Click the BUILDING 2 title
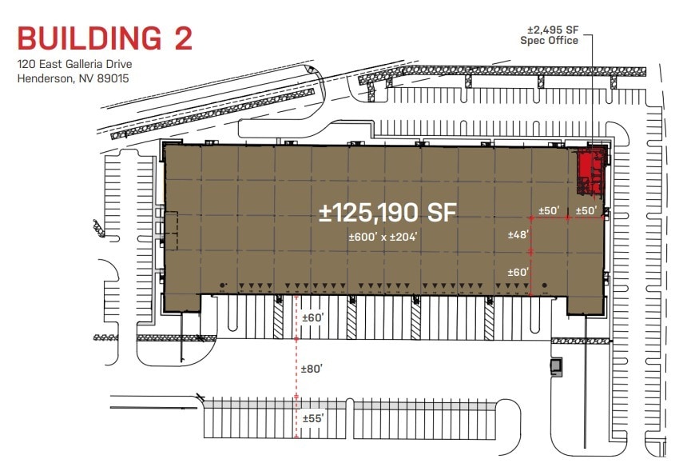[105, 38]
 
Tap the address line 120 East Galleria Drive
[73, 66]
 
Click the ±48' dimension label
[518, 235]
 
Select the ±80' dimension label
[312, 369]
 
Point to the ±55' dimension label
[312, 418]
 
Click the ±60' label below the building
[312, 318]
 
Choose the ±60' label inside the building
[518, 272]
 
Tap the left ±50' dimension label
[549, 210]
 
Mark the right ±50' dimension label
[587, 210]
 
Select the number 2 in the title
[178, 38]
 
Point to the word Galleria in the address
[93, 66]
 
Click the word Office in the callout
[562, 41]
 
